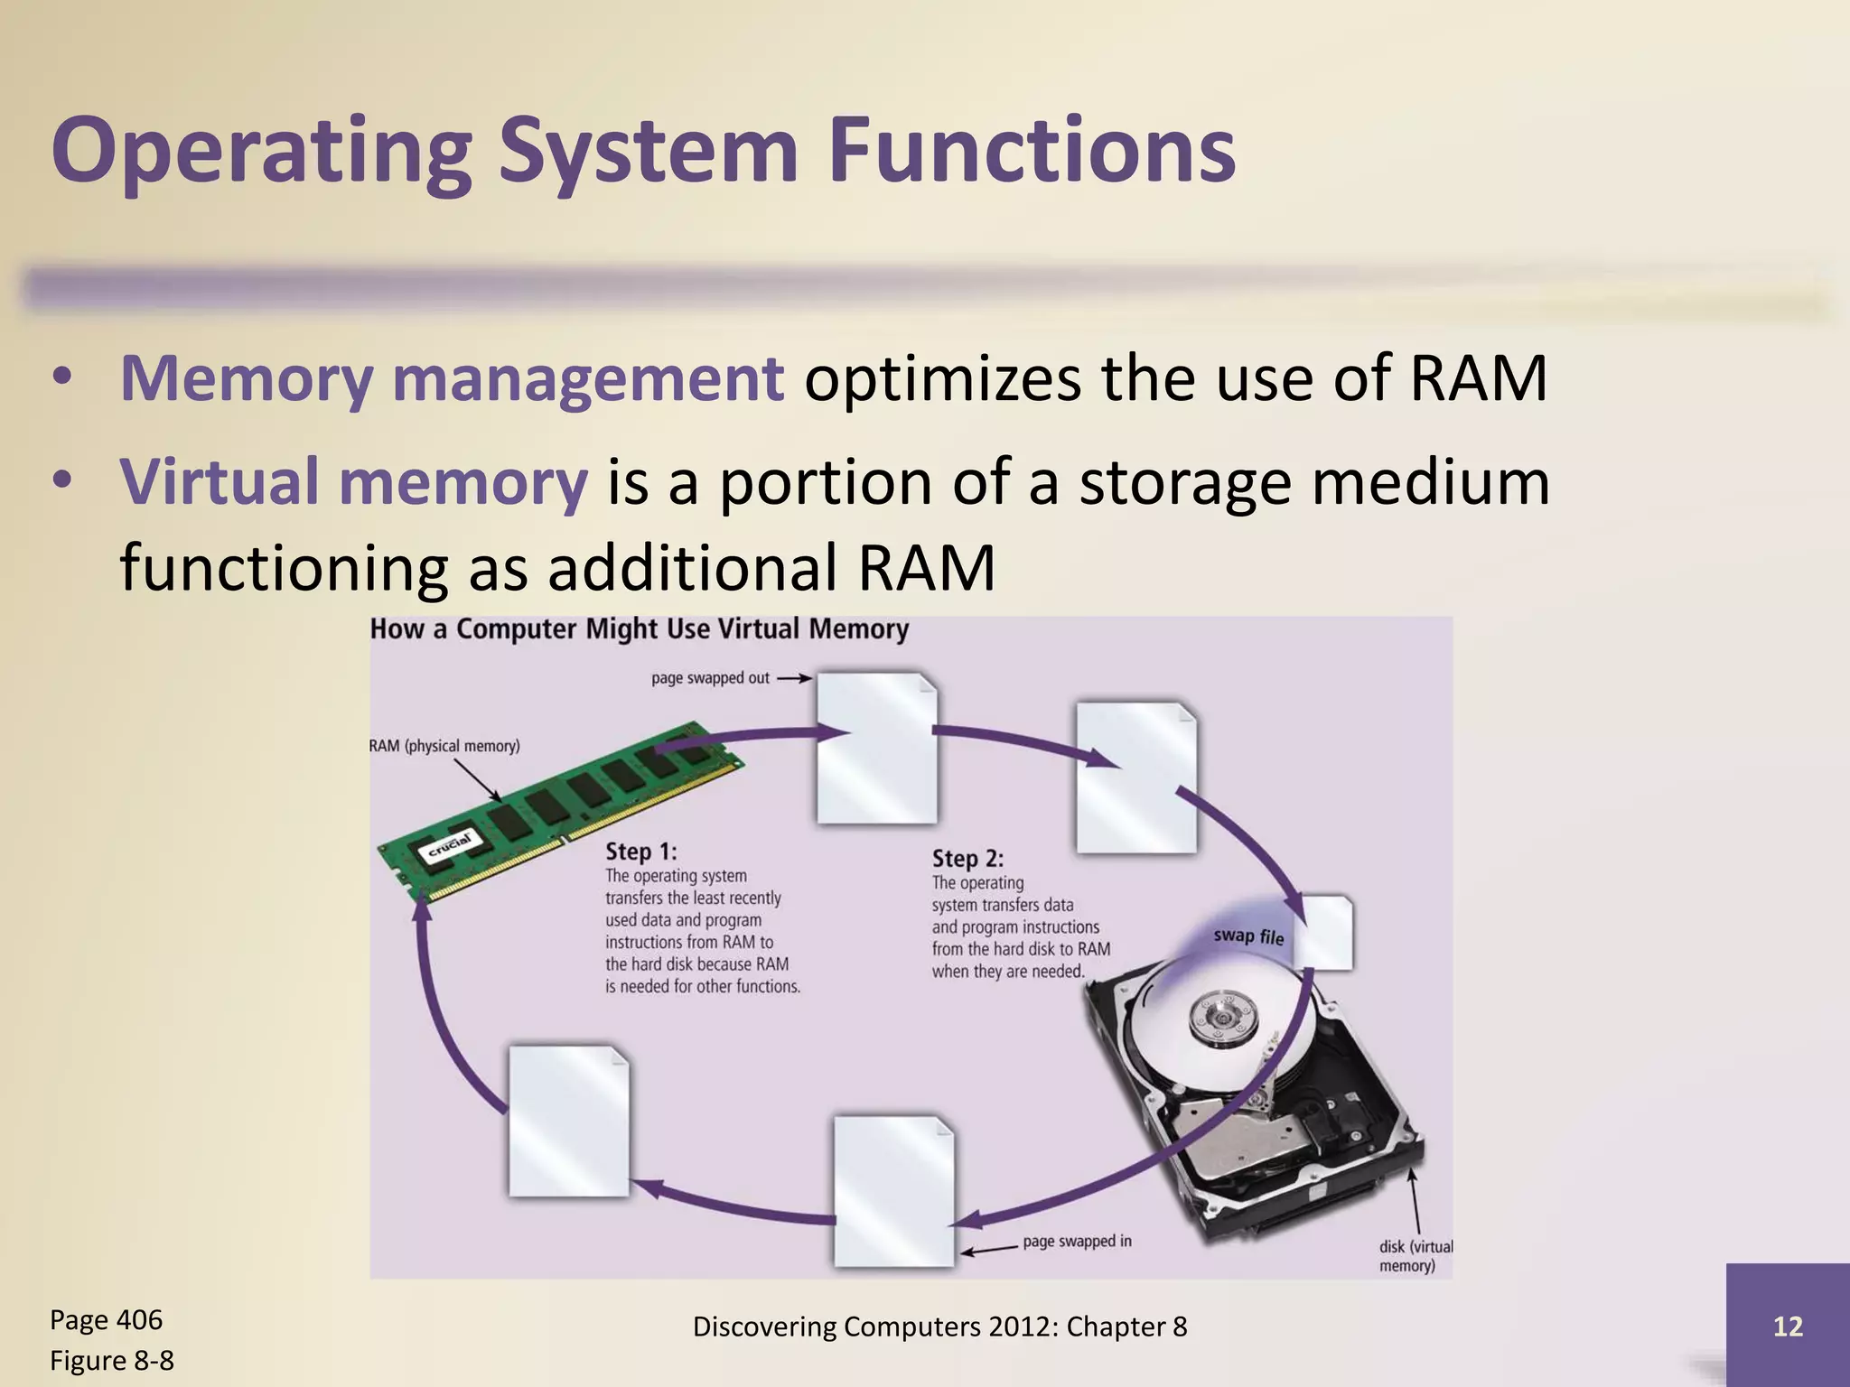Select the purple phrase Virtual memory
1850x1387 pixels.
click(353, 481)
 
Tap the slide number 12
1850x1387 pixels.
click(1788, 1326)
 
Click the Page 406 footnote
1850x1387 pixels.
click(106, 1320)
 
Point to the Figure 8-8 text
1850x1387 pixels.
click(111, 1361)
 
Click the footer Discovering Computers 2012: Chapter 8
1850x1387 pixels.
click(939, 1326)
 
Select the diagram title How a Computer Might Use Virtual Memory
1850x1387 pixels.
click(639, 629)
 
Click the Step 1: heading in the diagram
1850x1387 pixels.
click(640, 852)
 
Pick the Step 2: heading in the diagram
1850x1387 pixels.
click(967, 859)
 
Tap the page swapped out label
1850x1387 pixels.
click(710, 678)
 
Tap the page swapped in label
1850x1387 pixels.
click(1077, 1242)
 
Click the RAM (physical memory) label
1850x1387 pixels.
click(444, 746)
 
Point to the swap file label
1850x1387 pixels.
click(1248, 936)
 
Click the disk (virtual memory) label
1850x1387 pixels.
click(1415, 1256)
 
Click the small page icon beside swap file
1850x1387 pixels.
click(1328, 932)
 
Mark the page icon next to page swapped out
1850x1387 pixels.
click(876, 748)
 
